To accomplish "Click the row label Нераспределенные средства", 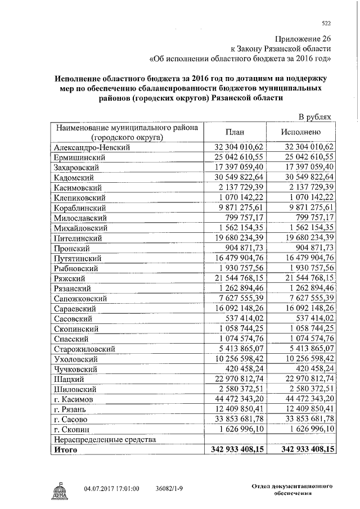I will [x=104, y=439].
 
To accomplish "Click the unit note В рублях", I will [x=317, y=116].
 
